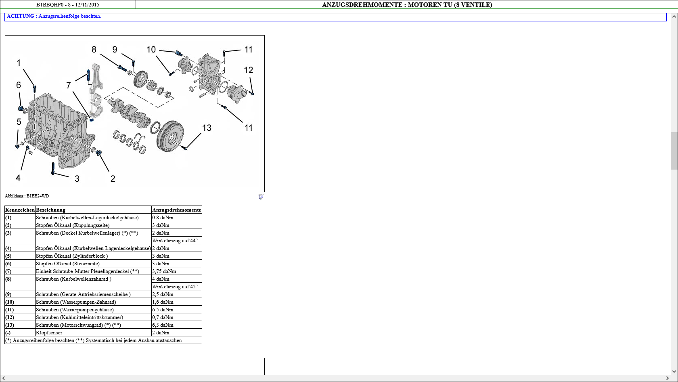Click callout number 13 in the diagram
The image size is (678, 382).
(207, 128)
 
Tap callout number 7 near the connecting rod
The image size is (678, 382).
(69, 86)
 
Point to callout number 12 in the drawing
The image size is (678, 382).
(249, 70)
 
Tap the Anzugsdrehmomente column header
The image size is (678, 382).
(177, 210)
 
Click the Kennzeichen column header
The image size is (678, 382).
(20, 210)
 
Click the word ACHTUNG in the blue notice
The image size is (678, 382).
(21, 16)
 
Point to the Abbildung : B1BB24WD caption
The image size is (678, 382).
(27, 196)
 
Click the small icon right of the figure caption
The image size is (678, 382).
(261, 197)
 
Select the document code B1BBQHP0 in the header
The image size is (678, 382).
(49, 4)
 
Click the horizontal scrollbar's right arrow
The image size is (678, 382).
(668, 378)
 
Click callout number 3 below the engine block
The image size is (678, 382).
(77, 179)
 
